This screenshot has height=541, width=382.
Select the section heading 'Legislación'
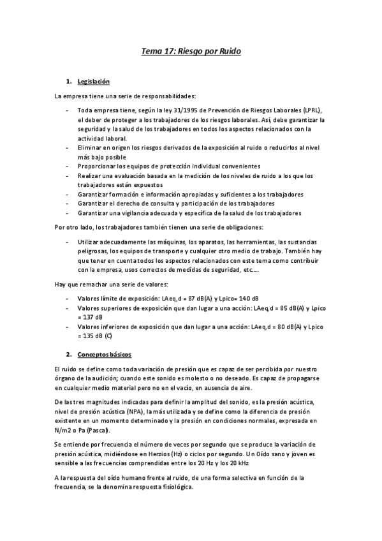(x=94, y=82)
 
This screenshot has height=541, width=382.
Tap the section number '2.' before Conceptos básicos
(x=68, y=353)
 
